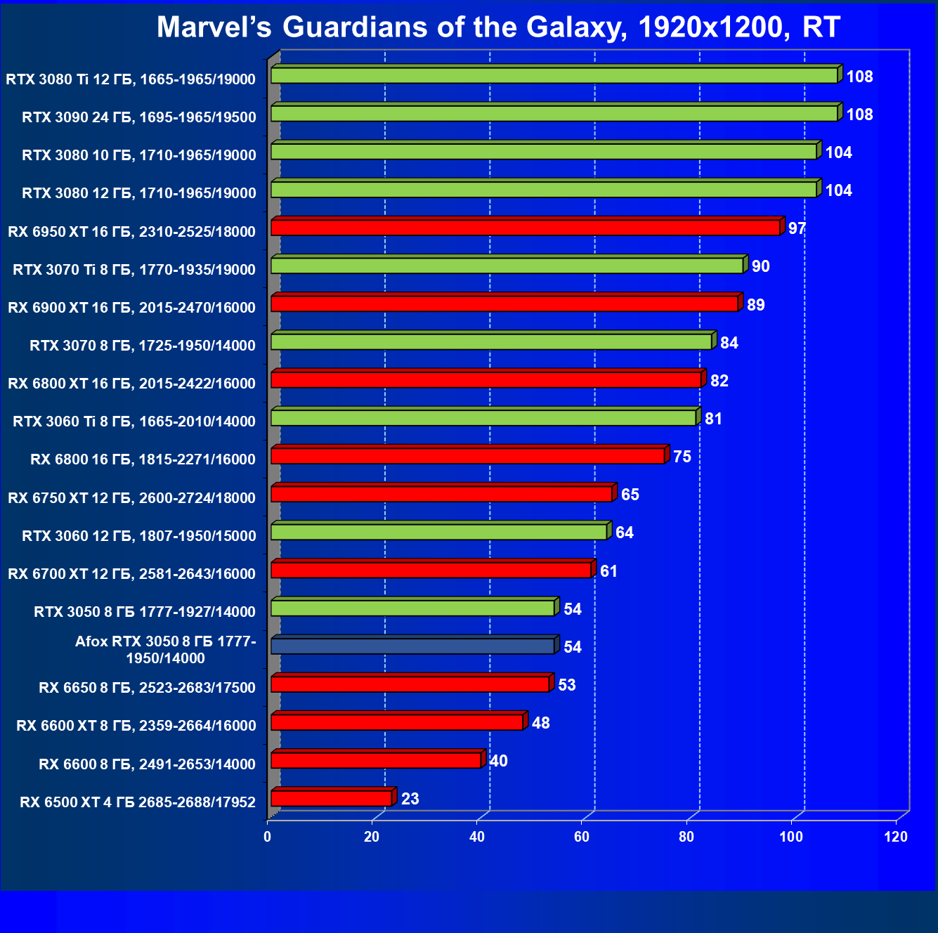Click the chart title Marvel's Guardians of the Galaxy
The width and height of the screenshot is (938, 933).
click(498, 27)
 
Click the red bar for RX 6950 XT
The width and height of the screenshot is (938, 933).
click(525, 228)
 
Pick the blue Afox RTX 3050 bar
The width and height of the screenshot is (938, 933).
click(412, 646)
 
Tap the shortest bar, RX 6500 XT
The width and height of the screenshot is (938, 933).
click(331, 798)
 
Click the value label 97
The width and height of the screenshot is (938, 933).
click(797, 228)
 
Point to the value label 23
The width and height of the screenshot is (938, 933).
click(410, 799)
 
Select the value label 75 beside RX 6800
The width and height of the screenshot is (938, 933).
click(682, 457)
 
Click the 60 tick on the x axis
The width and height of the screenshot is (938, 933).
click(582, 837)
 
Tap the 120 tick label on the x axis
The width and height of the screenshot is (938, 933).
click(896, 837)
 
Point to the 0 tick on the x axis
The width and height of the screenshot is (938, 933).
click(267, 837)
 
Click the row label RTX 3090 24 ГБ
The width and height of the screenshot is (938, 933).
click(138, 117)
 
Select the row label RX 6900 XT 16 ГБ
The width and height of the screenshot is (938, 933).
click(131, 307)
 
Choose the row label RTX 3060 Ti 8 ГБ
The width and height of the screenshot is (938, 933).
click(134, 422)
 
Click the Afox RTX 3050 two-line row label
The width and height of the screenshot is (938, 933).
click(165, 650)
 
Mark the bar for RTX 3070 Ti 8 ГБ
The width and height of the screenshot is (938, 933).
click(507, 266)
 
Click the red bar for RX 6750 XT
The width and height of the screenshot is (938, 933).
click(441, 494)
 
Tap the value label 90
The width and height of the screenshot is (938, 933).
click(760, 266)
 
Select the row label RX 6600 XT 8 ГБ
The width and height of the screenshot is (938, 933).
click(136, 726)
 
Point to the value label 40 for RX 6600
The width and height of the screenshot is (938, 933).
click(498, 761)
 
